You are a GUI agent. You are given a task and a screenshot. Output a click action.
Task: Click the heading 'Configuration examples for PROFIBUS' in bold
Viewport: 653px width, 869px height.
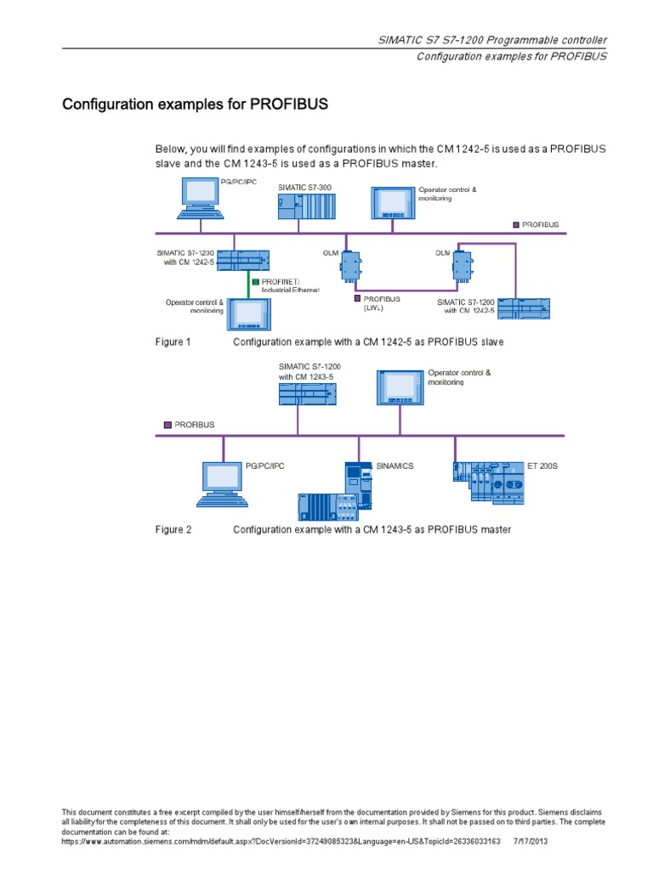195,105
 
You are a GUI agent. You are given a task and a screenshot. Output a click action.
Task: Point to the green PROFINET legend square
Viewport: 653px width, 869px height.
254,280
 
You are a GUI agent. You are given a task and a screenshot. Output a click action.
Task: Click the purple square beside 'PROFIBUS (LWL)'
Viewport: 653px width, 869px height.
358,299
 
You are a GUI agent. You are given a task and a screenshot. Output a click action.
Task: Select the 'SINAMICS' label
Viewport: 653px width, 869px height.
395,466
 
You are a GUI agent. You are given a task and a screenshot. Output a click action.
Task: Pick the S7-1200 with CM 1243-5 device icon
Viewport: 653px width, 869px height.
306,392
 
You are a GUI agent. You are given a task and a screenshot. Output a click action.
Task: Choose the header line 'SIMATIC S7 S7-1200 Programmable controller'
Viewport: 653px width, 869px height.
492,41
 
